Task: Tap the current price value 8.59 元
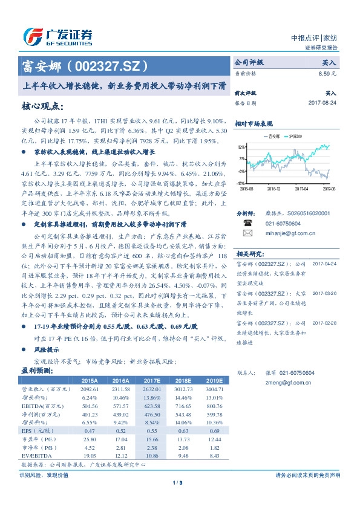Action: [327, 73]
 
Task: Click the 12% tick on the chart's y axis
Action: [240, 147]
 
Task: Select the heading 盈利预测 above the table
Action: [33, 370]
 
